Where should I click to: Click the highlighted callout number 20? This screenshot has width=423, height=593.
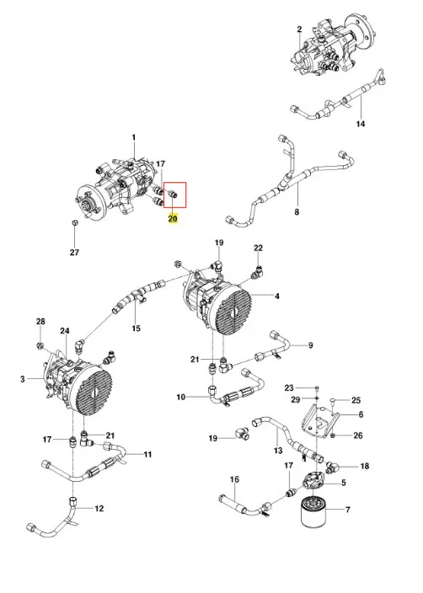pos(173,219)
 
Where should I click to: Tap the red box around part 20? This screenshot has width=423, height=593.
pos(163,195)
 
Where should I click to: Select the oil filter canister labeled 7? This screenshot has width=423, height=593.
pos(313,511)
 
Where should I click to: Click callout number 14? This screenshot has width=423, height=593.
pos(361,124)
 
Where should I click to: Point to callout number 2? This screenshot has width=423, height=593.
pos(300,29)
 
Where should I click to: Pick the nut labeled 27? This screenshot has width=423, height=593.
pos(74,222)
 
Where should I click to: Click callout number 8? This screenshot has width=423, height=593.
pos(297,212)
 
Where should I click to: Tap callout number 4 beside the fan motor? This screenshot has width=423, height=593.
pos(277,296)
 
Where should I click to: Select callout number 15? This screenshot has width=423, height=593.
pos(137,329)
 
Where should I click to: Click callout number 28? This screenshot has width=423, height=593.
pos(40,322)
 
